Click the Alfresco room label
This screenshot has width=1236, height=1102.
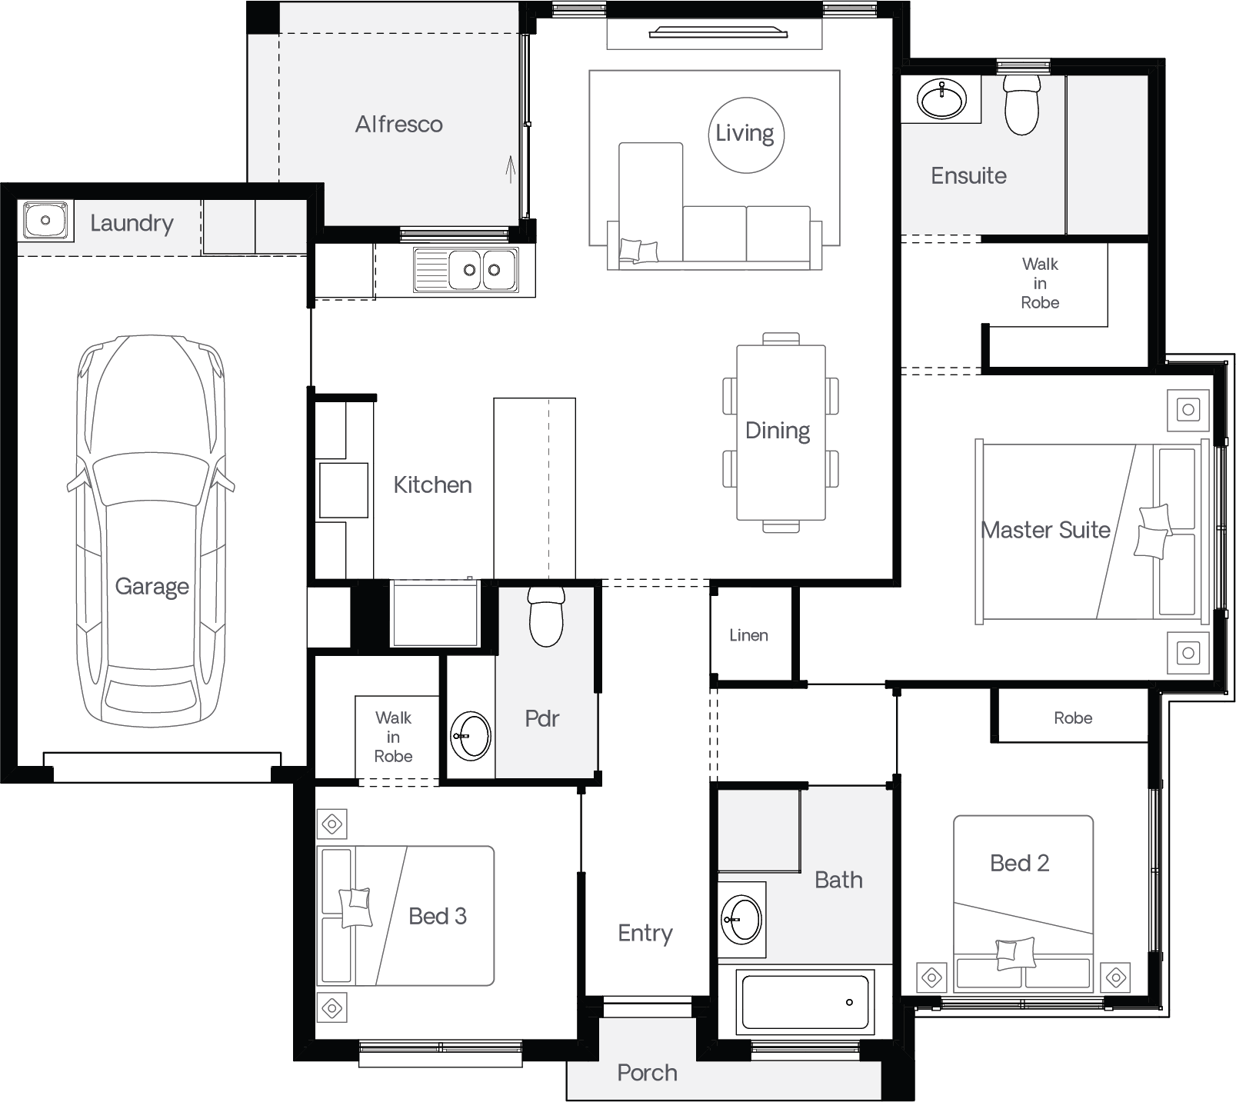(398, 124)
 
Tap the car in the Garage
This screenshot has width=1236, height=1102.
(151, 530)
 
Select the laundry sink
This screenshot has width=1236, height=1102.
(45, 221)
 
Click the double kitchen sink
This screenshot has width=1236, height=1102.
(465, 270)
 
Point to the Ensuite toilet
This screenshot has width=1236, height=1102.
(1021, 106)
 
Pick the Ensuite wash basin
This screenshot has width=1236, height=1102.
(941, 98)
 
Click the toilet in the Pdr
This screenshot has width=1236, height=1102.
(547, 618)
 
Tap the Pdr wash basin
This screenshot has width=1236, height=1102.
(470, 736)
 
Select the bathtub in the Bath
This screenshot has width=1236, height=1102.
(805, 1000)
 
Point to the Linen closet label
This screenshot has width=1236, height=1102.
(748, 635)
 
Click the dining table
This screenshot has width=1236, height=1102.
(781, 433)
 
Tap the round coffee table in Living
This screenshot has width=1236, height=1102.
(745, 135)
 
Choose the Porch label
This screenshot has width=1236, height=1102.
(647, 1073)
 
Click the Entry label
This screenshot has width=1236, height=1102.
(645, 934)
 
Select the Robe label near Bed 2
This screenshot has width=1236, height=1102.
(1073, 717)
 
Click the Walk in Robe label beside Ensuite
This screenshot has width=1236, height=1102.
(1040, 283)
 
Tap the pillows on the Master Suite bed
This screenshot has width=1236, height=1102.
(1152, 531)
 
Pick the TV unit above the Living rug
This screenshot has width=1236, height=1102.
(718, 32)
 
